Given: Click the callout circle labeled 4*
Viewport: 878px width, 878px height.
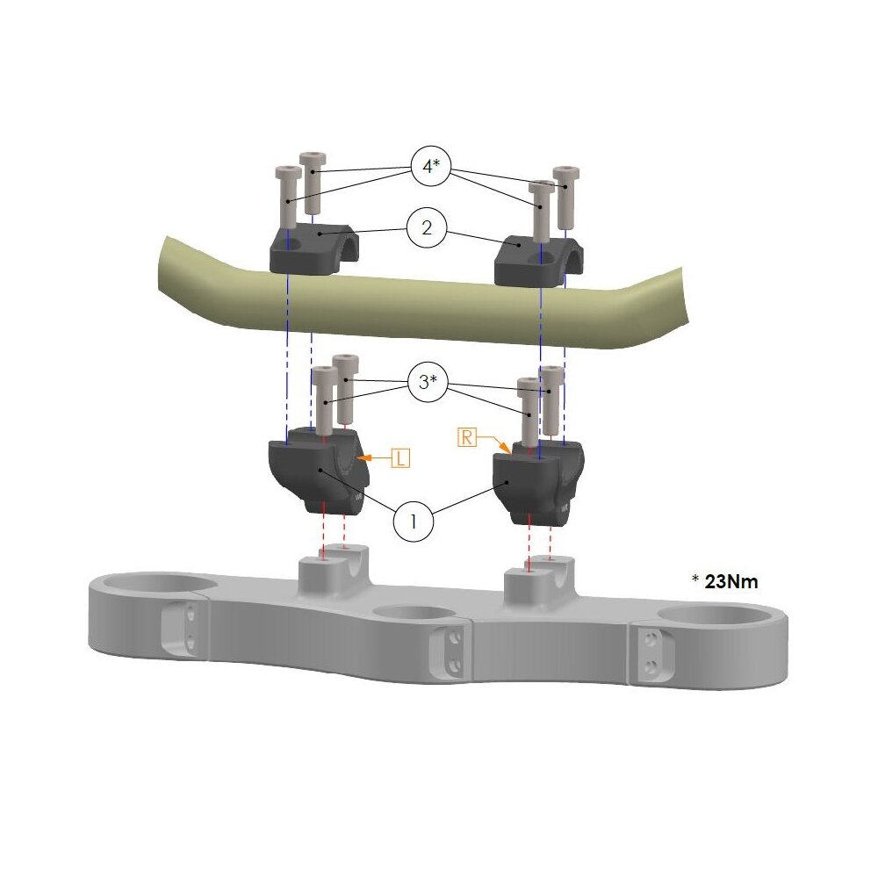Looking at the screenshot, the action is [430, 166].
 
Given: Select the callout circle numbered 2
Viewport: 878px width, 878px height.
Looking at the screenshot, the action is [427, 228].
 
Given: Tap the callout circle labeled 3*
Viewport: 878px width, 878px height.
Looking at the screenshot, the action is [428, 383].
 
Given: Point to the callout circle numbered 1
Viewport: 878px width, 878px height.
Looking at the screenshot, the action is [414, 522].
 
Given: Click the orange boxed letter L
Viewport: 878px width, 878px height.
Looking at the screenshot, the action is [399, 458].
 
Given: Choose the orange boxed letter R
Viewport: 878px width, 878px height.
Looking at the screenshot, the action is [467, 436].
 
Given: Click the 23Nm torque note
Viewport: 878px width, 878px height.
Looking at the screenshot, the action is [726, 581].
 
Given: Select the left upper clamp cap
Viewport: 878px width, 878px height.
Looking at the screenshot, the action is [313, 249].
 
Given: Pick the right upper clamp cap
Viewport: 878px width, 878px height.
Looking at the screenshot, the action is [538, 259].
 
